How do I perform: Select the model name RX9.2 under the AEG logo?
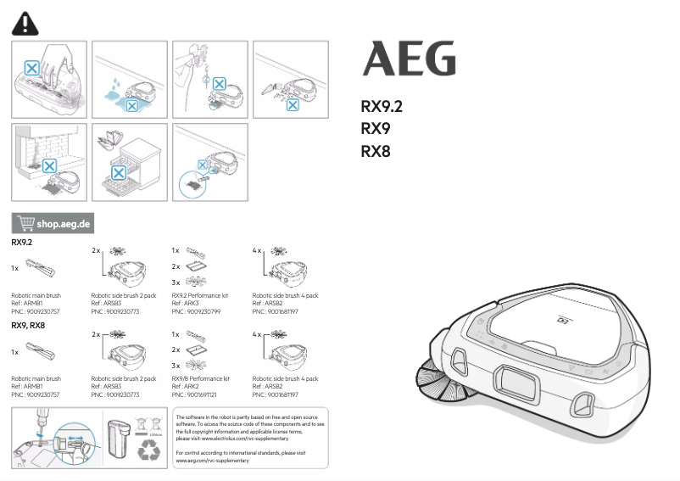[x=381, y=108]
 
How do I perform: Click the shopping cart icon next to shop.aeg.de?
[x=25, y=224]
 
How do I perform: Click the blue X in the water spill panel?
[x=130, y=103]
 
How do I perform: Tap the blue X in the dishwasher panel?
[x=120, y=172]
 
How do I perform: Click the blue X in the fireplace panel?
[x=50, y=166]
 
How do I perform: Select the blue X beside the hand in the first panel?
[x=31, y=67]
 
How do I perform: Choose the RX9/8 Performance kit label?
[x=201, y=378]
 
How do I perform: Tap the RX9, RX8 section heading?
[x=28, y=325]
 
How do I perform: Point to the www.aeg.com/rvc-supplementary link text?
[x=210, y=461]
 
